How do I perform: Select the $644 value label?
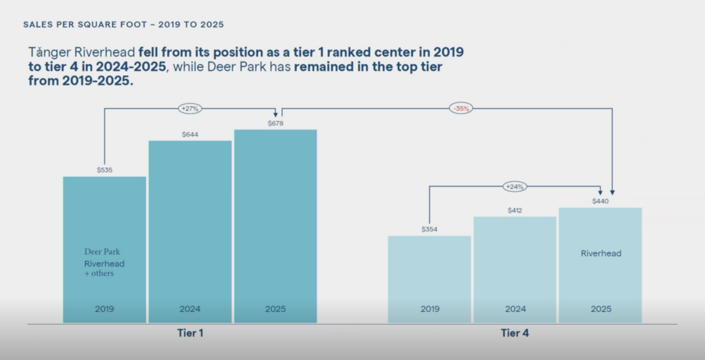point(190,134)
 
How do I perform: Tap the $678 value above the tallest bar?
point(275,123)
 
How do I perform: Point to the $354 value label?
point(430,229)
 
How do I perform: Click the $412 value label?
point(515,210)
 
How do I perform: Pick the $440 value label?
point(600,201)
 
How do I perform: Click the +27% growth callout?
point(189,109)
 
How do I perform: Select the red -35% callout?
point(461,109)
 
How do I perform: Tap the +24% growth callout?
point(515,187)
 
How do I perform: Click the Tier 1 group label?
point(190,333)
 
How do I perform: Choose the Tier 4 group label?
point(515,333)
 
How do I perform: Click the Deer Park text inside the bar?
point(102,252)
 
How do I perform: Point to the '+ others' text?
point(99,273)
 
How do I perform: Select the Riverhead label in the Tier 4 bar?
point(601,253)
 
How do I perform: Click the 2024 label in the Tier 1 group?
point(190,309)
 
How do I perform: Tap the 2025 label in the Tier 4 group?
point(601,309)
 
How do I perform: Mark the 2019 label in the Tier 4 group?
point(430,309)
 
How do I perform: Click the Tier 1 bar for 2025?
point(275,220)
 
